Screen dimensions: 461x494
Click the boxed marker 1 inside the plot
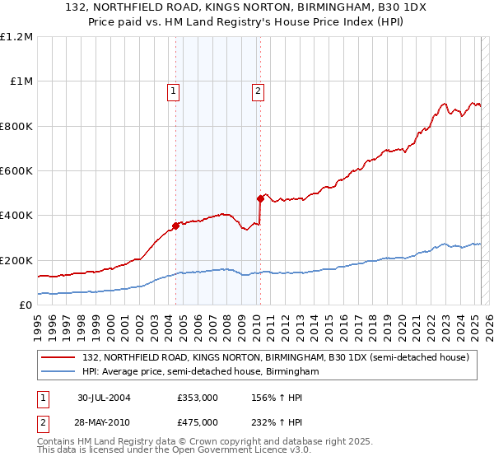click(175, 91)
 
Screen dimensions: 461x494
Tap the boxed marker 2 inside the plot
click(259, 91)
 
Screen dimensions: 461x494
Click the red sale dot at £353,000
click(175, 226)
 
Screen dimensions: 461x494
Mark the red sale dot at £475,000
click(260, 198)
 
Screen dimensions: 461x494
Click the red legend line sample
click(58, 357)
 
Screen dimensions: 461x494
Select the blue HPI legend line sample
click(58, 372)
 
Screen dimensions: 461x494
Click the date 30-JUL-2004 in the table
click(104, 398)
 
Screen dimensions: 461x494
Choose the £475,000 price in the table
click(198, 421)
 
